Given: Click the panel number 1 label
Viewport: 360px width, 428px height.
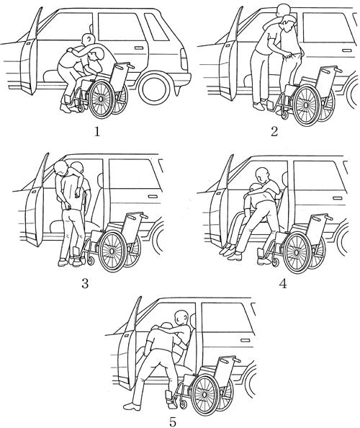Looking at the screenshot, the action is [x=97, y=133].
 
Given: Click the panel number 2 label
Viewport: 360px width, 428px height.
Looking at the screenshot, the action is [x=274, y=132].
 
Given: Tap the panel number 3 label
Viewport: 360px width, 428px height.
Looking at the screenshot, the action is [x=85, y=284].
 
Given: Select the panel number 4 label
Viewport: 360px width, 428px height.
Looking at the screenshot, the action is [x=283, y=284].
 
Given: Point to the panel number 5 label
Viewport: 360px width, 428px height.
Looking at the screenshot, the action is [x=173, y=422].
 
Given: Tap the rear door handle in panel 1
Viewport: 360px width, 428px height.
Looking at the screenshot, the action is [x=139, y=48].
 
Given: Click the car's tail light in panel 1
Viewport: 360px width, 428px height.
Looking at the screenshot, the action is [x=184, y=59].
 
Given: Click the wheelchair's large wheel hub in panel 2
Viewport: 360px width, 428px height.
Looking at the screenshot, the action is [x=306, y=104].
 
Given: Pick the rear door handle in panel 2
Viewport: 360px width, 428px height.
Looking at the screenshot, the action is [x=347, y=50].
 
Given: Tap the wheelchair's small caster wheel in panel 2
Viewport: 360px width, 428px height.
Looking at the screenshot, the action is [x=284, y=115].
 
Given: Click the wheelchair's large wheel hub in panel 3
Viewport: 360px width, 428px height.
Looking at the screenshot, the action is [x=112, y=251].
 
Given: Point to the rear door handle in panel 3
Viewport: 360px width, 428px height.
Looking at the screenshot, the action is [x=152, y=197].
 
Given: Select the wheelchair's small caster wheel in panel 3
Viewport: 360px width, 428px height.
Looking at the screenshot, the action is [x=90, y=262].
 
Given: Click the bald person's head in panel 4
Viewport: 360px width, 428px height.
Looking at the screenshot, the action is [x=262, y=176].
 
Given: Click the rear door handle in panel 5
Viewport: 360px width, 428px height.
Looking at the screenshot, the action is [x=246, y=340].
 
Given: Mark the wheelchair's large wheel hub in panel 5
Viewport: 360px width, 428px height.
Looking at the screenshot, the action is [x=204, y=394].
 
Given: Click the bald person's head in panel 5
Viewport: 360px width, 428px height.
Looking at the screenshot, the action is [x=182, y=318].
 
